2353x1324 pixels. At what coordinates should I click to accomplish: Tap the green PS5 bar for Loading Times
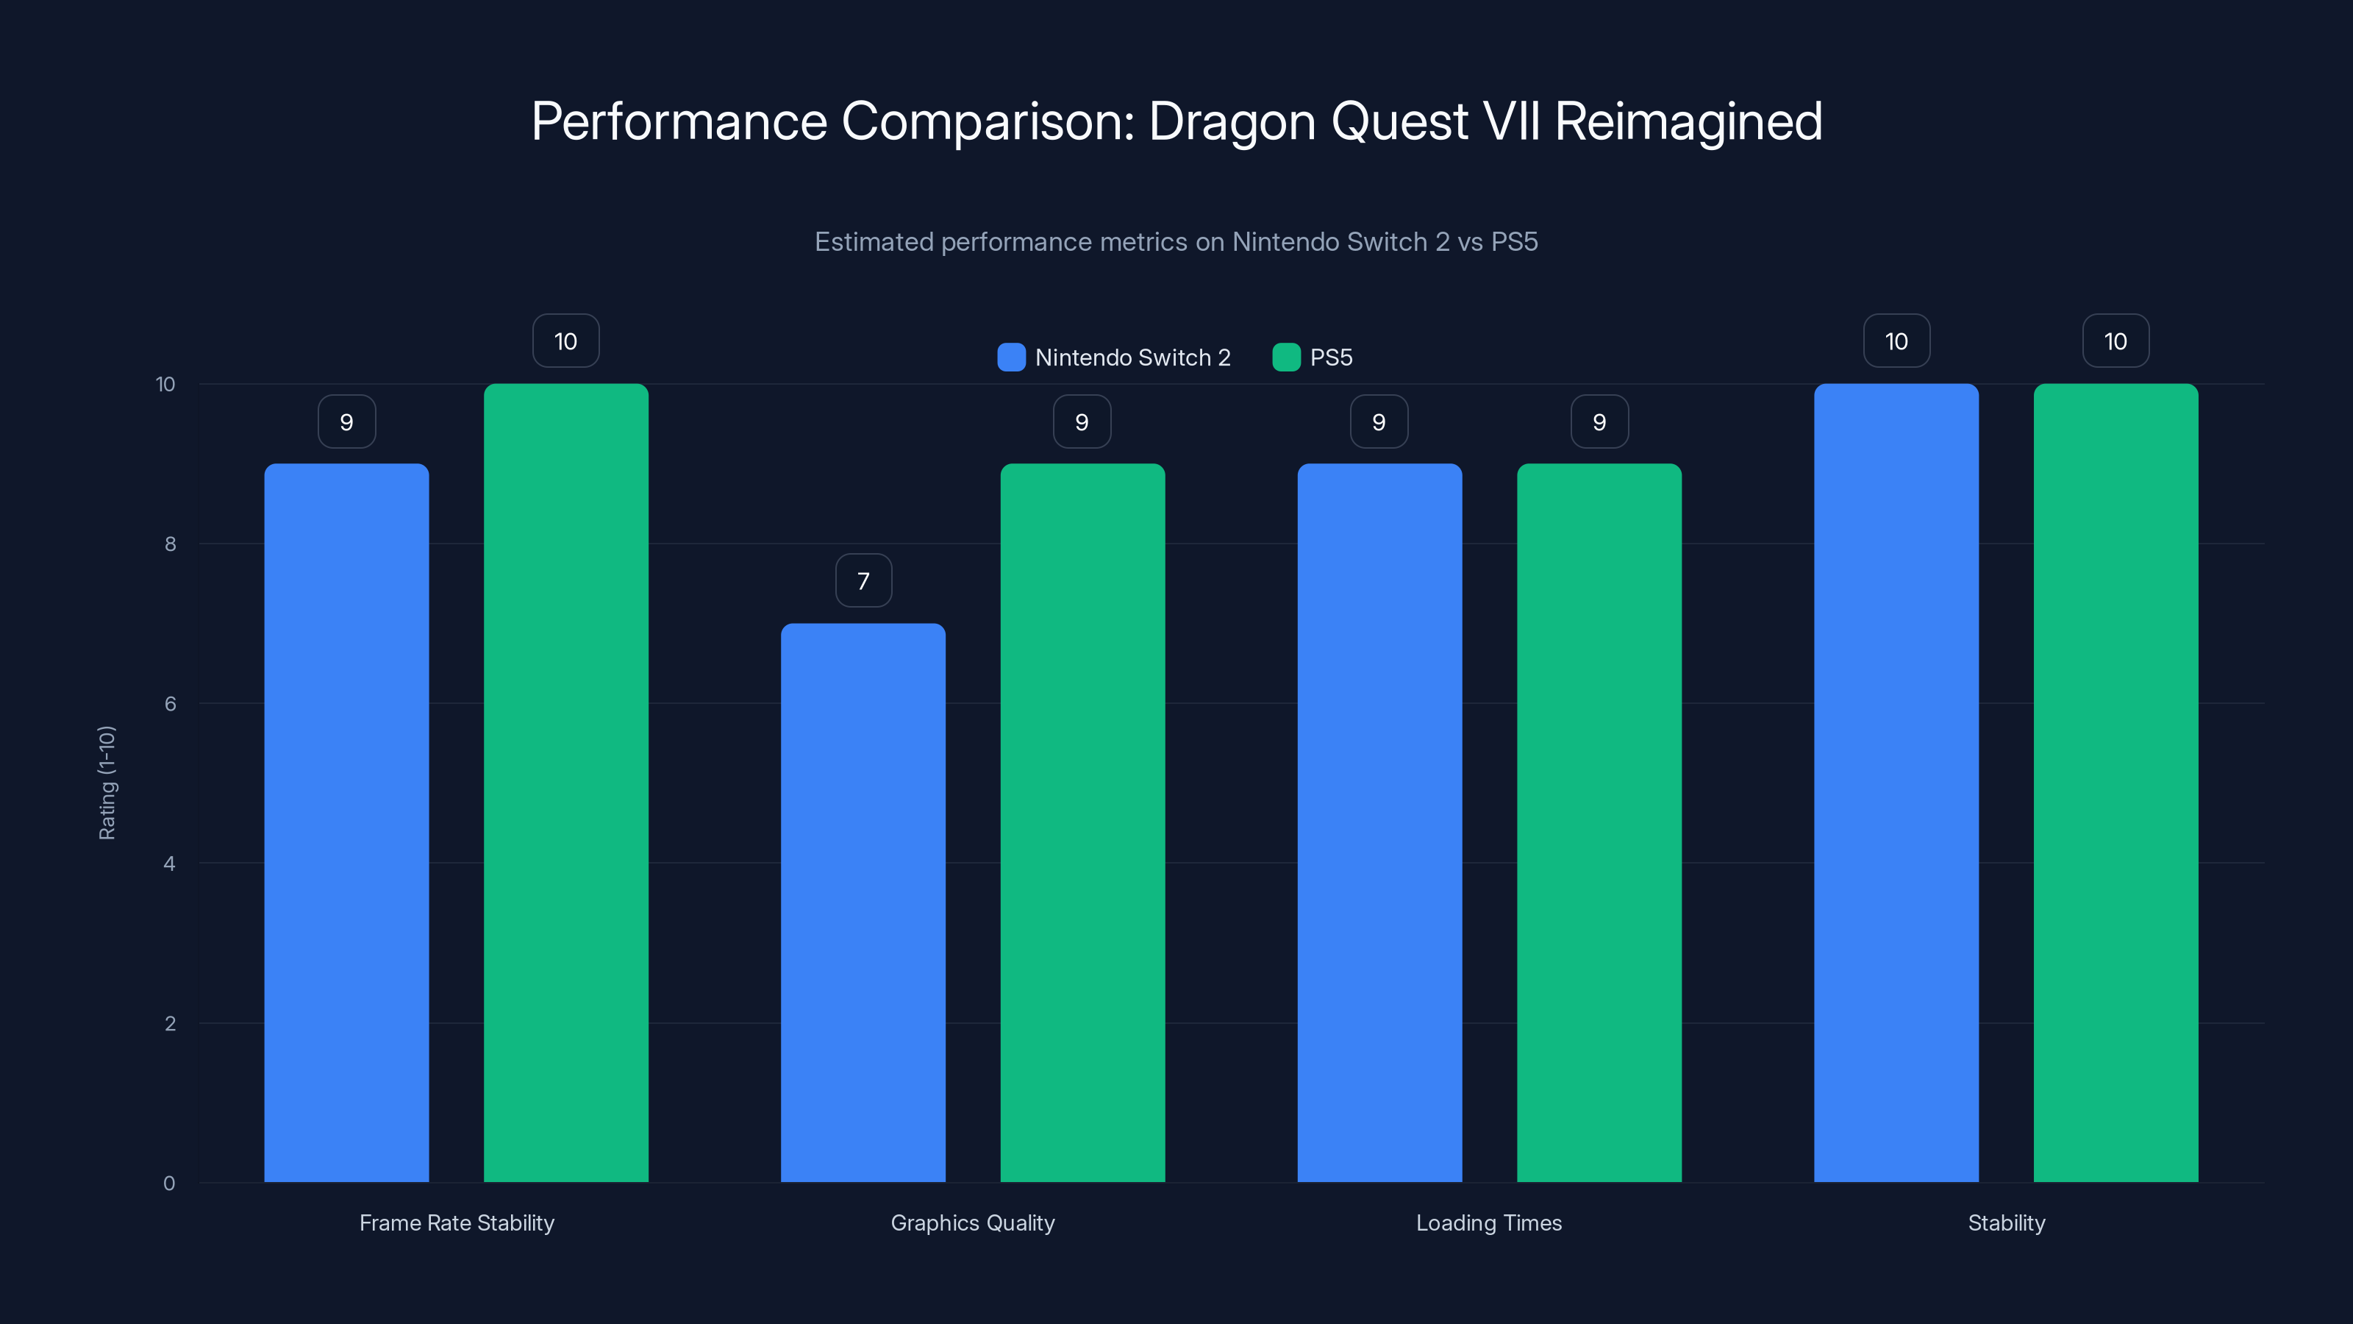coord(1599,822)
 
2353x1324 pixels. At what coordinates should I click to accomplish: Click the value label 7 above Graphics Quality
coord(863,580)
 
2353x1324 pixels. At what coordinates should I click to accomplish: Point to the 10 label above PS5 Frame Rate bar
coord(565,341)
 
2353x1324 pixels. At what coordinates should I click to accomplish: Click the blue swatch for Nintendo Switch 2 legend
coord(1011,357)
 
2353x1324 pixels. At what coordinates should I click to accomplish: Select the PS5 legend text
coord(1331,357)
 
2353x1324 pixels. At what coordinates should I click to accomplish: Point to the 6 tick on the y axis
coord(170,704)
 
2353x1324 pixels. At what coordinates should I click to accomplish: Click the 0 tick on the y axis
coord(169,1184)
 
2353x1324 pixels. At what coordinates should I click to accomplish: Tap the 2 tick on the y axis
coord(170,1023)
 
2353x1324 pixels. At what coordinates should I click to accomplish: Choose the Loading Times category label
coord(1488,1222)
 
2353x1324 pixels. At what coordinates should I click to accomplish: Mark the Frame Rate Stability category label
coord(457,1222)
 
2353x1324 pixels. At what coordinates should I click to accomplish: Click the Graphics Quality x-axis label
coord(972,1222)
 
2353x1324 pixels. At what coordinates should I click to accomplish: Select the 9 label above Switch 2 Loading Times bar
coord(1379,421)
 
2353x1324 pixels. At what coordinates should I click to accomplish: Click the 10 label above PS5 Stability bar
coord(2115,341)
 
